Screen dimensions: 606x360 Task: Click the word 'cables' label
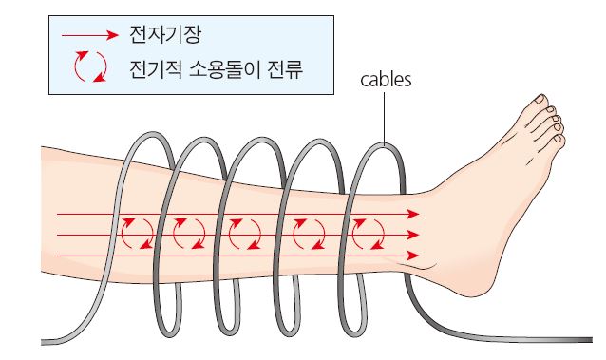[x=386, y=80]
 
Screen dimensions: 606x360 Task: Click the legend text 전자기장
[x=165, y=35]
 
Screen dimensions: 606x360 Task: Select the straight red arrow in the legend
[x=89, y=35]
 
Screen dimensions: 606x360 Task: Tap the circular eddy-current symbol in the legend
[x=90, y=66]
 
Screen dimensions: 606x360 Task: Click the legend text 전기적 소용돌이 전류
[x=216, y=69]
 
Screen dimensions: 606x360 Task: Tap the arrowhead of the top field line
[x=413, y=214]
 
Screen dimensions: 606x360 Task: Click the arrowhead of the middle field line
[x=413, y=235]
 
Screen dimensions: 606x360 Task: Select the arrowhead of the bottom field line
[x=413, y=256]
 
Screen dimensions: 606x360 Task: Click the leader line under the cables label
[x=384, y=117]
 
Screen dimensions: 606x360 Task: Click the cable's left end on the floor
[x=44, y=342]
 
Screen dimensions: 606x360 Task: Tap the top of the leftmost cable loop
[x=152, y=135]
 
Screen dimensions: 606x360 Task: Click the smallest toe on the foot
[x=558, y=139]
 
